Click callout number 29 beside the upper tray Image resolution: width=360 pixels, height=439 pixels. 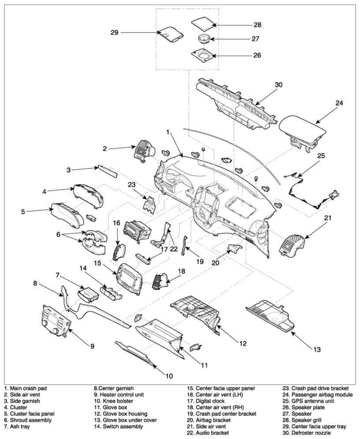pyautogui.click(x=114, y=33)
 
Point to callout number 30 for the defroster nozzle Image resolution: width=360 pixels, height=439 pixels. pyautogui.click(x=278, y=85)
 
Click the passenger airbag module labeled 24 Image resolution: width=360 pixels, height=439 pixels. pyautogui.click(x=303, y=132)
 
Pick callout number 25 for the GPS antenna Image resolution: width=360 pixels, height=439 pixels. pyautogui.click(x=321, y=155)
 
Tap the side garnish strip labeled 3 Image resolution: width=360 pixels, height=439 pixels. pyautogui.click(x=107, y=171)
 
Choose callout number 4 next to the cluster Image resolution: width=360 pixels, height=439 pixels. pyautogui.click(x=44, y=192)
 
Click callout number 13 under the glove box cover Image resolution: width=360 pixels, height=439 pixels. pyautogui.click(x=317, y=350)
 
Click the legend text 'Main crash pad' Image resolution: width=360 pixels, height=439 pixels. pyautogui.click(x=28, y=388)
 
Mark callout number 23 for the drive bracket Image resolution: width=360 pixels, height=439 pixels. pyautogui.click(x=131, y=185)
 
